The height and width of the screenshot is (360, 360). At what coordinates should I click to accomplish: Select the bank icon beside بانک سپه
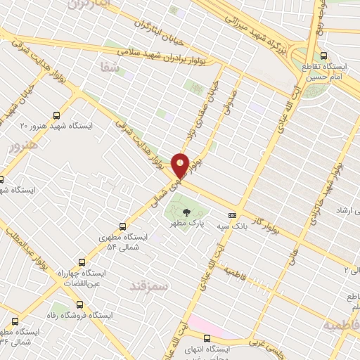(232, 215)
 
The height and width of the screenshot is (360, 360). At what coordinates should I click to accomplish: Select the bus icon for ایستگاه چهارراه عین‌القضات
(82, 261)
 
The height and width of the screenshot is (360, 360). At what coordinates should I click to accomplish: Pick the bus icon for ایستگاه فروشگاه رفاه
(78, 305)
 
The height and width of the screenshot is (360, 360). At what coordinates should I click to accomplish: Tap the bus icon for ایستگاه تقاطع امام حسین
(323, 55)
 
